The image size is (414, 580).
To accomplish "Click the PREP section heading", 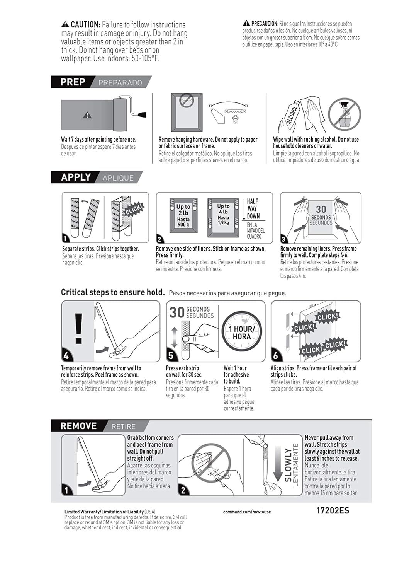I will click(x=73, y=82).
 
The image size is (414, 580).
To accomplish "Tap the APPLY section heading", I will click(x=76, y=177).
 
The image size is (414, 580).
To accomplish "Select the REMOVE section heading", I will click(x=78, y=426).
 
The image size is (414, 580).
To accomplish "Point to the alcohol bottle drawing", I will click(x=291, y=115).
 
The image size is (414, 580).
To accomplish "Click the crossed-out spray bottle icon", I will click(x=344, y=114).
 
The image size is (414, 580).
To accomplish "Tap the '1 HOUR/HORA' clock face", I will click(x=242, y=332).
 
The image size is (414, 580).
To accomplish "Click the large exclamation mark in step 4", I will click(x=78, y=328).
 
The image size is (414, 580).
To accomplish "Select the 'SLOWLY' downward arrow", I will click(x=278, y=464).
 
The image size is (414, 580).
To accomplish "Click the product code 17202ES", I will click(x=333, y=510).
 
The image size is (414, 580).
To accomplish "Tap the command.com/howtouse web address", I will click(x=247, y=512).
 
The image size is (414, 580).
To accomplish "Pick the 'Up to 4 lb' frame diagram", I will click(x=223, y=218).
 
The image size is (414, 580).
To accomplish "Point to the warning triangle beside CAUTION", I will click(x=65, y=24).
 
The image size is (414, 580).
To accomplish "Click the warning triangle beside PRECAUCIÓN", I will click(x=246, y=24).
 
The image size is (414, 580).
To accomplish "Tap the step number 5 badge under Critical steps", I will click(x=171, y=355).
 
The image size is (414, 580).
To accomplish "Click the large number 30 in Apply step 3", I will click(x=321, y=209).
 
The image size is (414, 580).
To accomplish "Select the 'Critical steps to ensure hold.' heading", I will click(x=113, y=292).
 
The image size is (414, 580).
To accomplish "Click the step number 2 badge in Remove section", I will click(x=183, y=490).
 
